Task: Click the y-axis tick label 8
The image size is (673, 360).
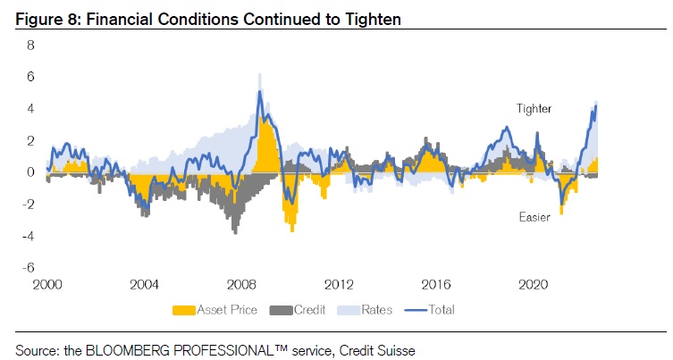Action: click(x=29, y=45)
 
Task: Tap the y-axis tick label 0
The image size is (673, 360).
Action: click(x=29, y=172)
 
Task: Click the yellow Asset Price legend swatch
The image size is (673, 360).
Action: click(x=183, y=310)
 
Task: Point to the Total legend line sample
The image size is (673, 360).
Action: click(x=417, y=310)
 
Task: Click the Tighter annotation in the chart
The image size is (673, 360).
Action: click(x=534, y=109)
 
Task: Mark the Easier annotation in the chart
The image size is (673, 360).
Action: click(x=534, y=217)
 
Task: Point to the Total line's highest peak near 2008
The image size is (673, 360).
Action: click(x=259, y=91)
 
